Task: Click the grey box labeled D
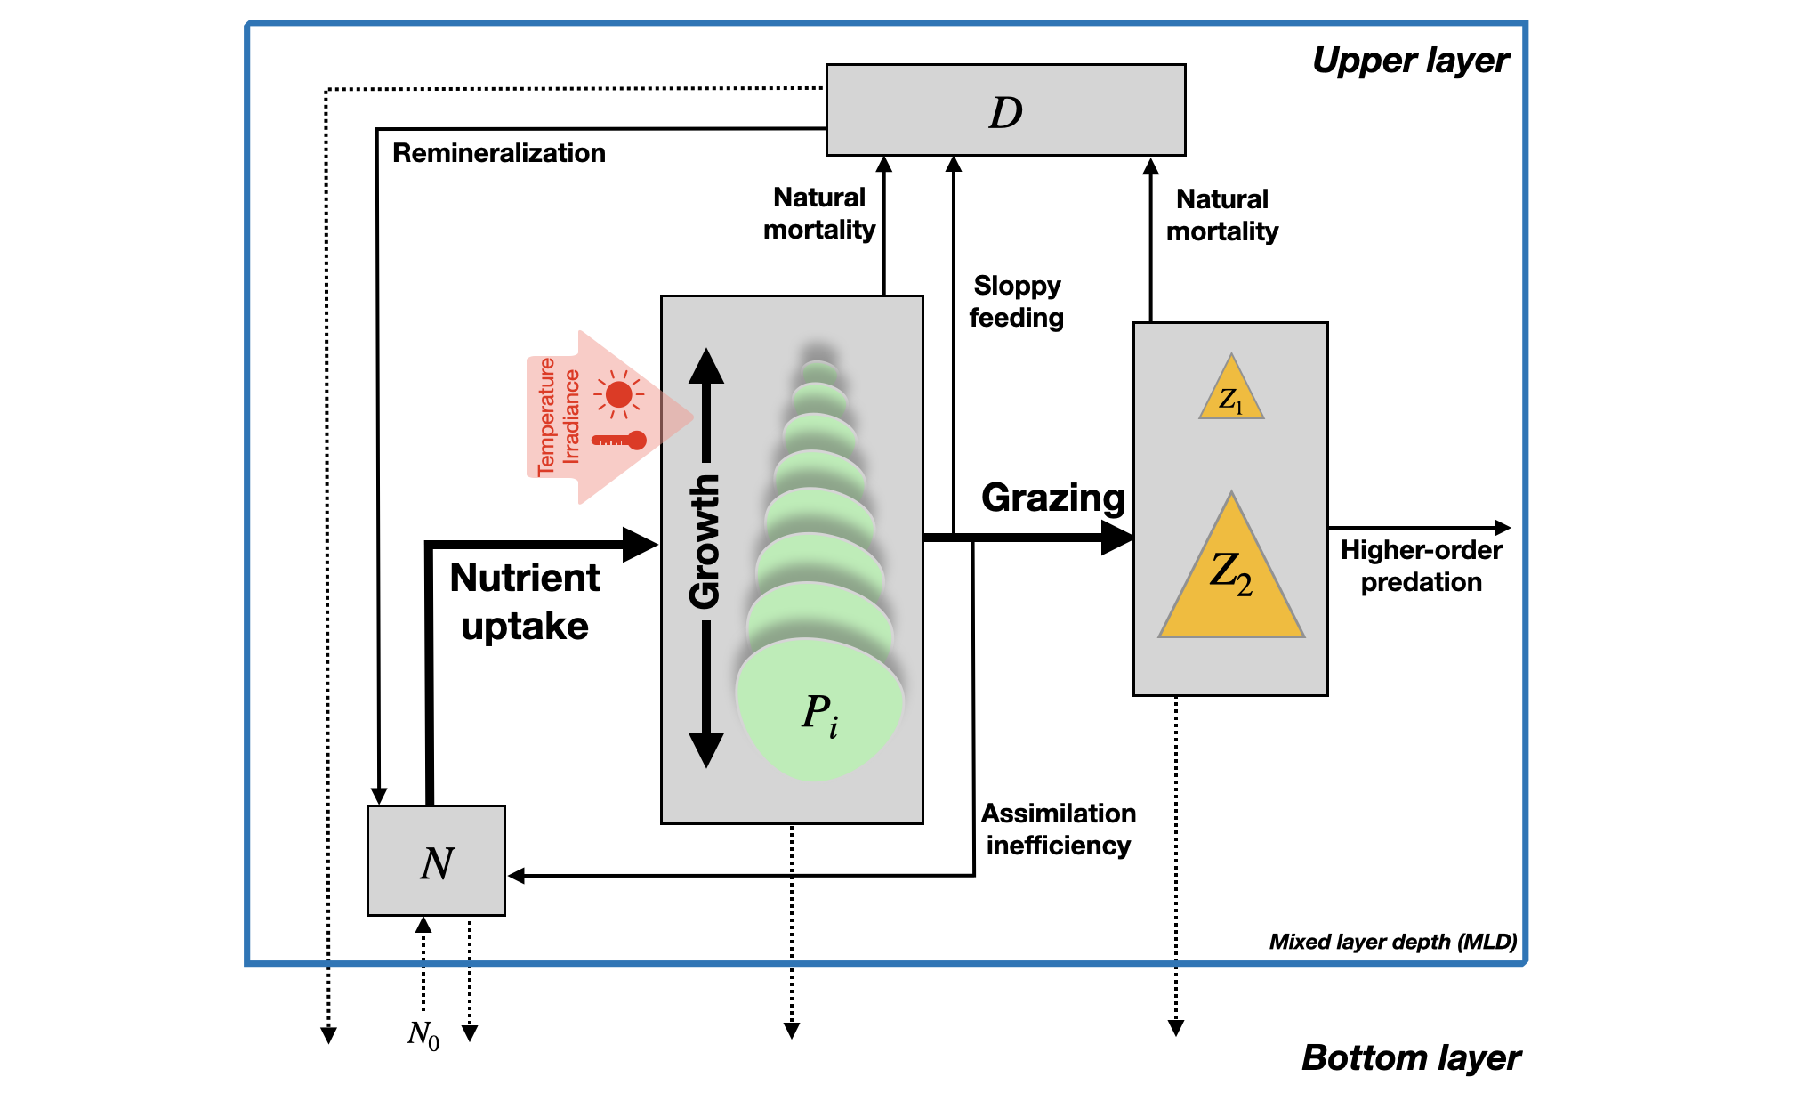[1005, 110]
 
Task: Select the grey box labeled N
[436, 861]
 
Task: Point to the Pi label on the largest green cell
[819, 715]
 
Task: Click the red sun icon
[618, 394]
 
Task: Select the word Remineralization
[498, 153]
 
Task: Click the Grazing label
[1052, 498]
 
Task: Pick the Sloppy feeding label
[1017, 302]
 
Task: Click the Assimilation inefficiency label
[1058, 830]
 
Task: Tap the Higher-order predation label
[1421, 566]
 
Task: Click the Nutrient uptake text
[525, 602]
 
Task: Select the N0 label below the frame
[423, 1034]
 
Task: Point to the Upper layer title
[1410, 61]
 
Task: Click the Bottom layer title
[1410, 1058]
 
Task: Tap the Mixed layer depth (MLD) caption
[1392, 942]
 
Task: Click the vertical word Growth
[705, 541]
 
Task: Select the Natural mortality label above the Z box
[1221, 215]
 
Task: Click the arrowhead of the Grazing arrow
[1117, 537]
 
